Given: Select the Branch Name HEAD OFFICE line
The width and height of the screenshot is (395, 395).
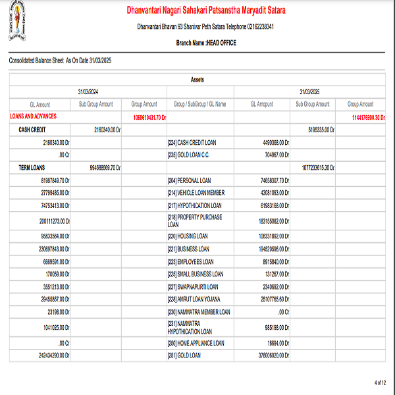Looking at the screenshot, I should [x=205, y=43].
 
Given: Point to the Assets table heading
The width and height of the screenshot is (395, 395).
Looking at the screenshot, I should [x=197, y=80].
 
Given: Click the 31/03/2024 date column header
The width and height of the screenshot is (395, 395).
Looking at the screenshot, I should [x=88, y=92].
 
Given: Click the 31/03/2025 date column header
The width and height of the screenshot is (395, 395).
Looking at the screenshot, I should [x=309, y=92].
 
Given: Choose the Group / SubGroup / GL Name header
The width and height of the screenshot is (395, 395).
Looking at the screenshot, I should [x=199, y=104].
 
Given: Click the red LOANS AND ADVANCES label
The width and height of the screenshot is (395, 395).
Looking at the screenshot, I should [x=33, y=116].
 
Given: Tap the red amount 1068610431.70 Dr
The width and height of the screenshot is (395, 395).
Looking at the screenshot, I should [x=149, y=118].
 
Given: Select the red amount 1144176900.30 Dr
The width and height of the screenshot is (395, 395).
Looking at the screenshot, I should [x=369, y=118].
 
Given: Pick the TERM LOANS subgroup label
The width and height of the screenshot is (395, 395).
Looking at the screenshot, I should [x=32, y=168].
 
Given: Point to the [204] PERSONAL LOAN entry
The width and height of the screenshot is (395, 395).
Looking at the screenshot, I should [x=189, y=180].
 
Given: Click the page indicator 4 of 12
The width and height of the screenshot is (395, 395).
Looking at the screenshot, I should [x=380, y=382].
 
